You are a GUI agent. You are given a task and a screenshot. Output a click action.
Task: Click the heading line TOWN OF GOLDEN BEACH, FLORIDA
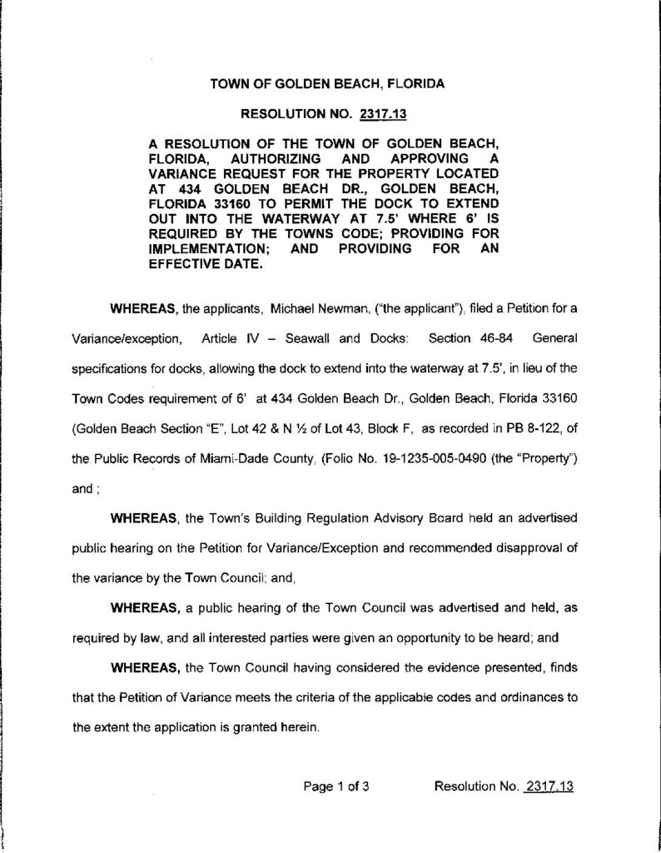pos(327,84)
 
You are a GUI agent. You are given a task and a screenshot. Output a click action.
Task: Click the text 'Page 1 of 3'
pos(336,786)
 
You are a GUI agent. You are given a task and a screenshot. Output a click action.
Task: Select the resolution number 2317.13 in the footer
pos(548,786)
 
